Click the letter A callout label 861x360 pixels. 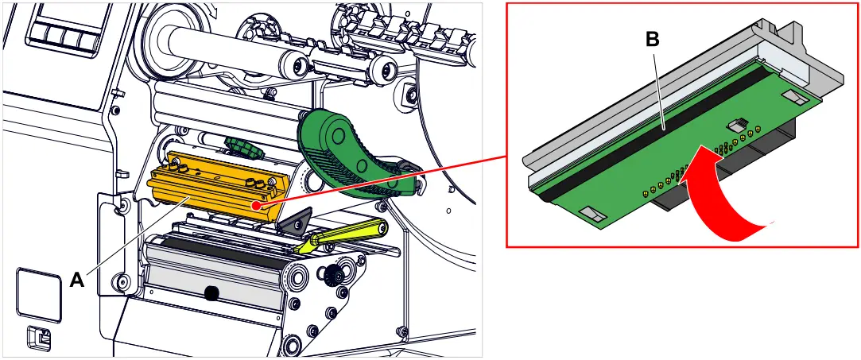click(x=77, y=279)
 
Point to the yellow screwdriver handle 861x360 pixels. click(x=350, y=234)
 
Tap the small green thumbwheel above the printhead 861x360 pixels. click(x=242, y=145)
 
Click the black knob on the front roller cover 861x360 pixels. click(x=211, y=293)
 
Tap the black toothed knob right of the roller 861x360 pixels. click(x=332, y=275)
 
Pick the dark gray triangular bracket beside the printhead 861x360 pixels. click(x=297, y=223)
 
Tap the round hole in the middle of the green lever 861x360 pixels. click(x=363, y=165)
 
